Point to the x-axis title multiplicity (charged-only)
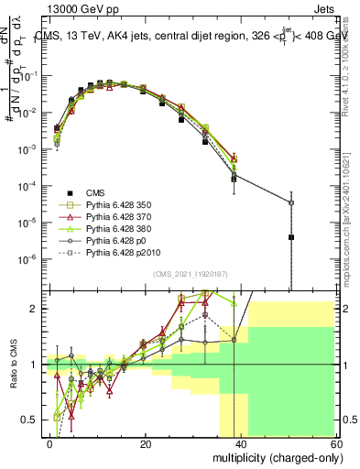[273, 455]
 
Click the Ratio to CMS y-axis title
[12, 366]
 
